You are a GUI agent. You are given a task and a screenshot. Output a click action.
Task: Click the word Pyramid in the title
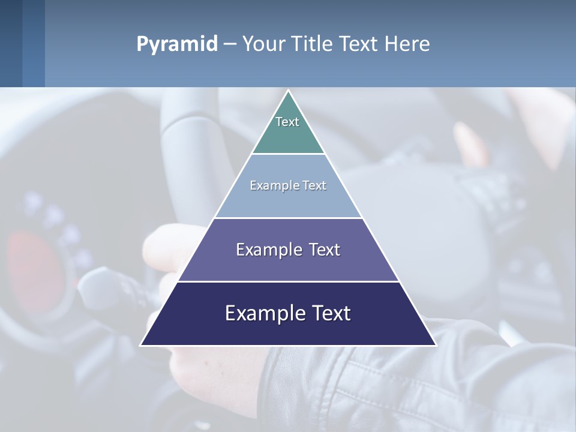[176, 44]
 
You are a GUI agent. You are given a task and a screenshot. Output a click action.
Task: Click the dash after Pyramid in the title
[229, 44]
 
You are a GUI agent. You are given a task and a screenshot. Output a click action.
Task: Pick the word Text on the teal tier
[287, 122]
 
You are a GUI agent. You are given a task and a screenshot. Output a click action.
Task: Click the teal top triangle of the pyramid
[288, 135]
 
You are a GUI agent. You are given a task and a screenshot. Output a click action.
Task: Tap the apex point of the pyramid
[288, 92]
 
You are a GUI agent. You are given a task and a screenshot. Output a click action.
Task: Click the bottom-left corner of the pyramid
[142, 344]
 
